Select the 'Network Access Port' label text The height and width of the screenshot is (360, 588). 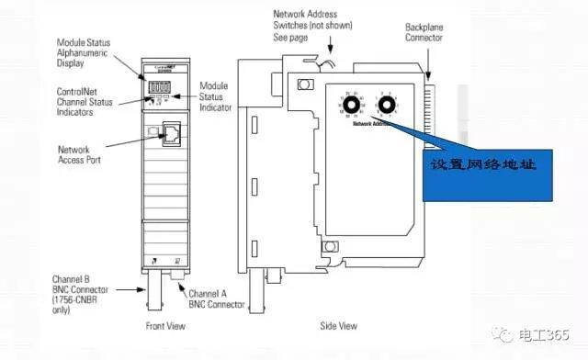pos(80,155)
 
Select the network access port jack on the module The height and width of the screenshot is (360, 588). pos(170,133)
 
